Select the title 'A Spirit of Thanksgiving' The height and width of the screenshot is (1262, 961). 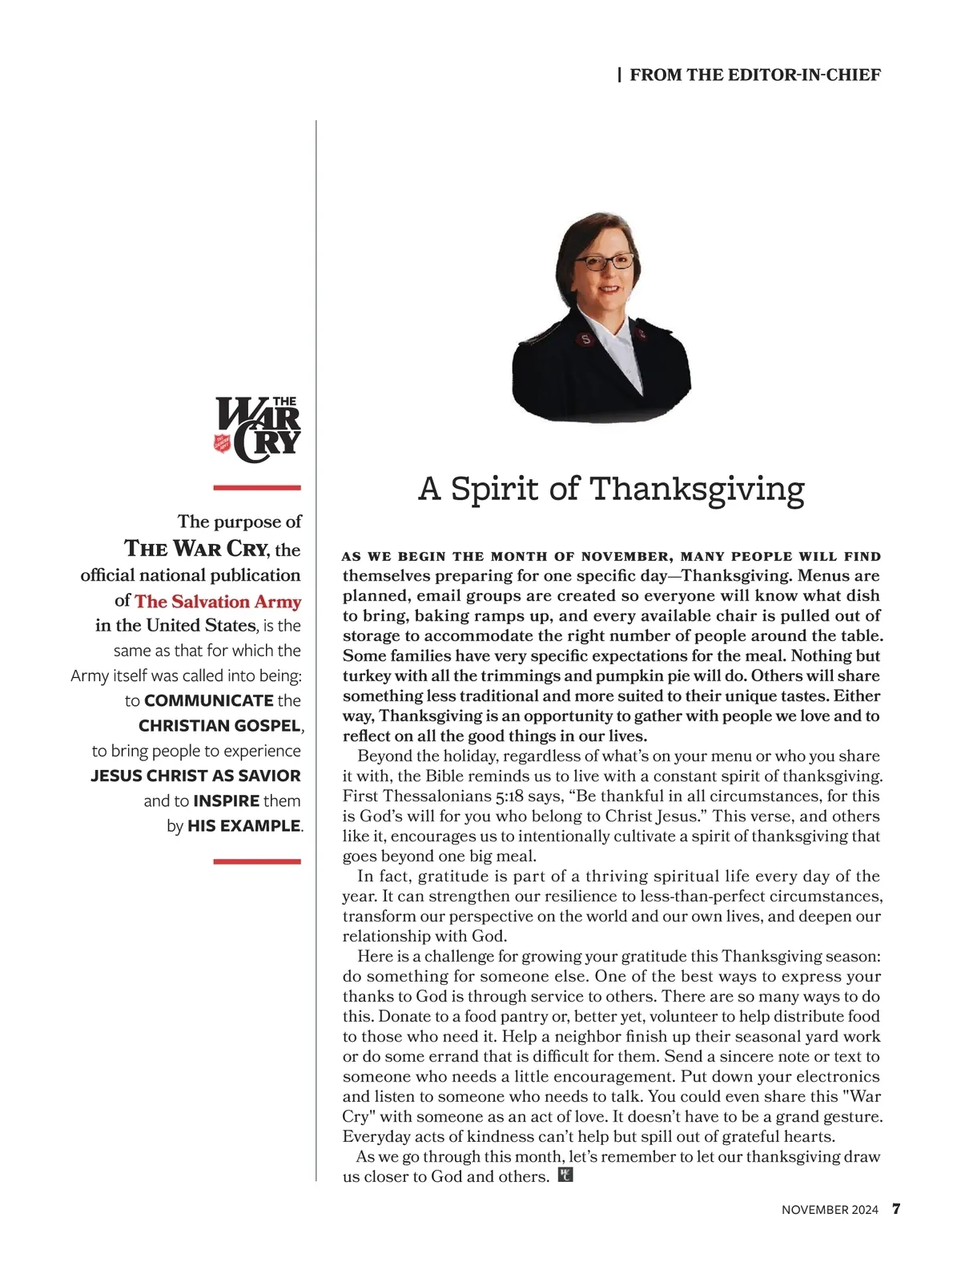point(611,488)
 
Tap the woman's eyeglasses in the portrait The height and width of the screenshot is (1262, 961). point(604,262)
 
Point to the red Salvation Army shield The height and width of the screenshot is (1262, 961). point(222,442)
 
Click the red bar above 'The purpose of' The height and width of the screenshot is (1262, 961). point(257,487)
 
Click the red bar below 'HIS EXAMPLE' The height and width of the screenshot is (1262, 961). point(257,861)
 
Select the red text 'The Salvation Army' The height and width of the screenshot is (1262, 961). point(218,601)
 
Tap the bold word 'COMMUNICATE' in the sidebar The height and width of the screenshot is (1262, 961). point(209,700)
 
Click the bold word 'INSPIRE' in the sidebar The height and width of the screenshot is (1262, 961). point(227,800)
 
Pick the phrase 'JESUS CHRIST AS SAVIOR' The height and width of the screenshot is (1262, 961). point(195,776)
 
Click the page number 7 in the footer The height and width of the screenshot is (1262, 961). point(896,1209)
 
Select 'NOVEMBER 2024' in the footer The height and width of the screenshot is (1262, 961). point(830,1210)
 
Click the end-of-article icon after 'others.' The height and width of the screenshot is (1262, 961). point(565,1175)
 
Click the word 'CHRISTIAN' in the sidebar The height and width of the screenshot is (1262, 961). point(182,725)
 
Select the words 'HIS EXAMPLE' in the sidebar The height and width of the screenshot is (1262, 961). point(243,825)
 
